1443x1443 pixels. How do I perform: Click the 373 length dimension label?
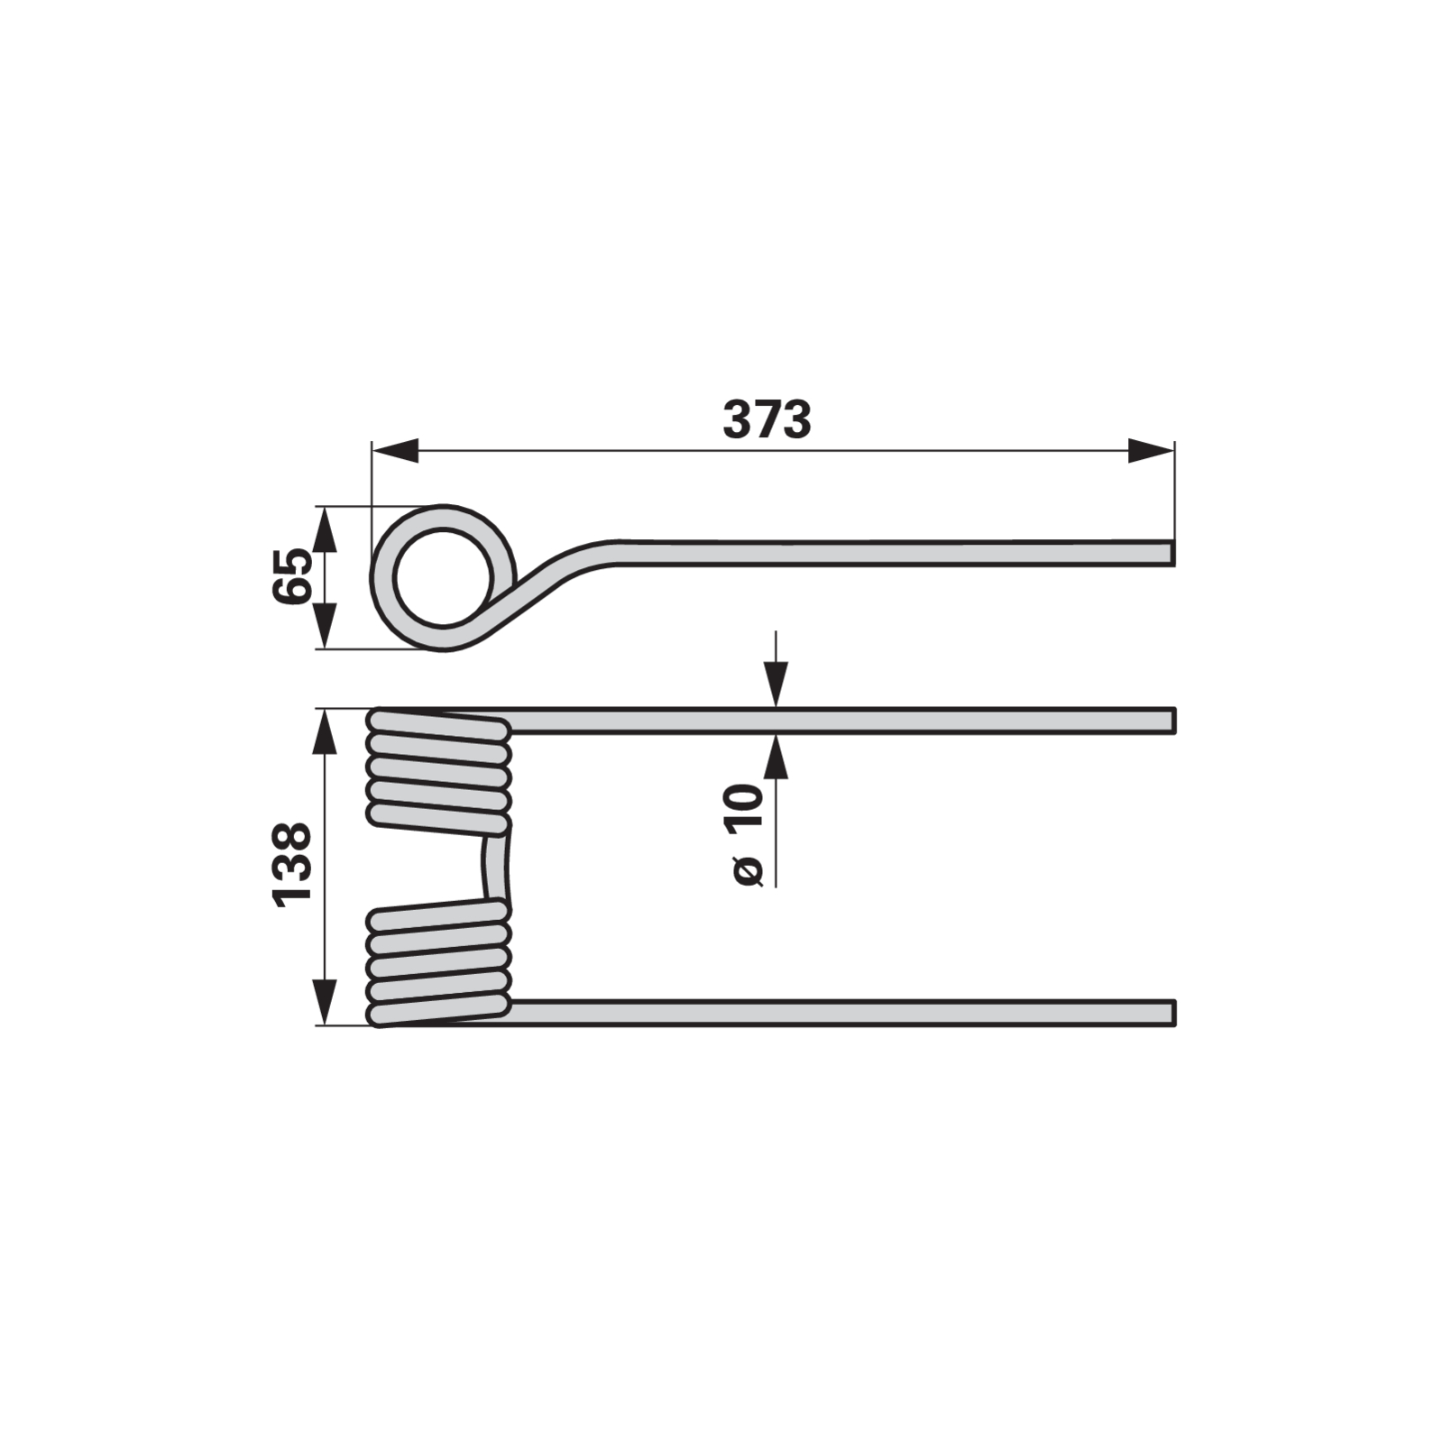coord(767,420)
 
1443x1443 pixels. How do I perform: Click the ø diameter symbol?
coord(749,871)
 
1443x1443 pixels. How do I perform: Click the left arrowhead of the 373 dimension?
coord(395,451)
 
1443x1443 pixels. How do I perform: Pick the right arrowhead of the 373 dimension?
coord(1151,451)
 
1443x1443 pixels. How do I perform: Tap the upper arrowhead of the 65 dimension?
coord(325,529)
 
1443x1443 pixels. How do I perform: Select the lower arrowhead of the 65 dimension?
coord(325,625)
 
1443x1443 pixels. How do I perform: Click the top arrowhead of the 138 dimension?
coord(325,731)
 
